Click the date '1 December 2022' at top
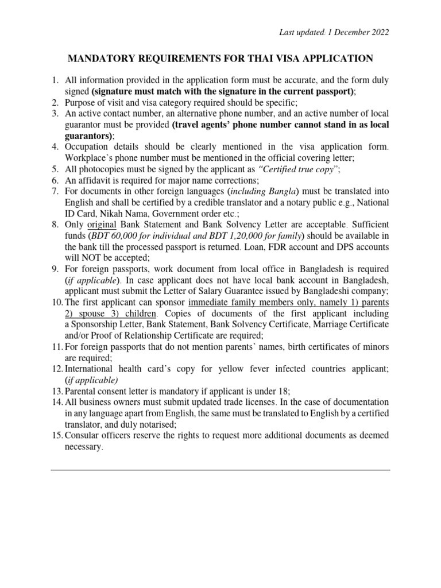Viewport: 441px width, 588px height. coord(358,32)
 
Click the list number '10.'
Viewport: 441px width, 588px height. coord(56,301)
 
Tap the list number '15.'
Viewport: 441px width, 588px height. coord(56,435)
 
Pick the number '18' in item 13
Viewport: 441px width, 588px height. coord(256,390)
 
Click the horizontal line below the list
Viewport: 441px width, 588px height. coord(220,470)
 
